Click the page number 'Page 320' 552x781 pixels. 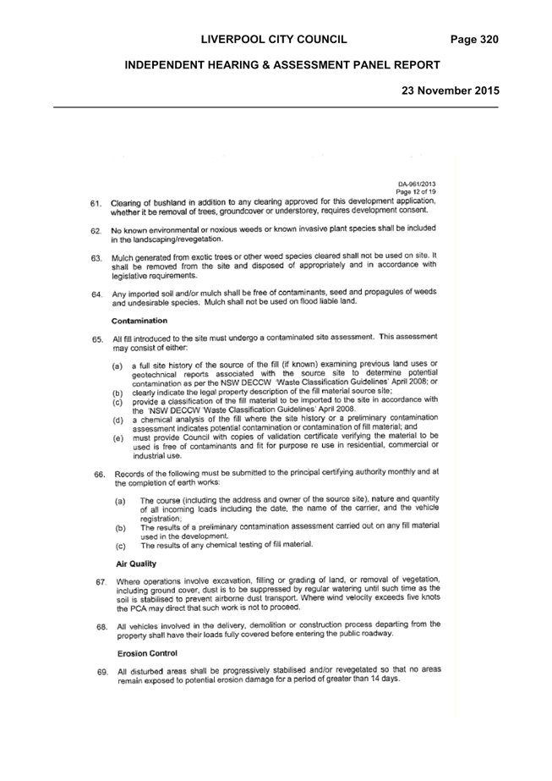click(474, 40)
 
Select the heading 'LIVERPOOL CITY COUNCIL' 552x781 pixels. click(274, 40)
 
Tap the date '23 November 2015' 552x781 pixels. click(451, 91)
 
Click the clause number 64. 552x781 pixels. click(97, 294)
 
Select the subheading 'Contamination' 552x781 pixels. click(139, 321)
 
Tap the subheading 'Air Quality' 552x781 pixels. click(136, 564)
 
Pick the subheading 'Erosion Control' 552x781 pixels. click(147, 653)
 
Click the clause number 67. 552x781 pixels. click(101, 582)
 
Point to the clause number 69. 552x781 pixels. click(103, 673)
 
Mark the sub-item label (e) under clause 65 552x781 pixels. click(118, 438)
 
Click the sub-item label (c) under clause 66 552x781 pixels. click(120, 547)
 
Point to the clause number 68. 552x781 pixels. click(102, 627)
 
